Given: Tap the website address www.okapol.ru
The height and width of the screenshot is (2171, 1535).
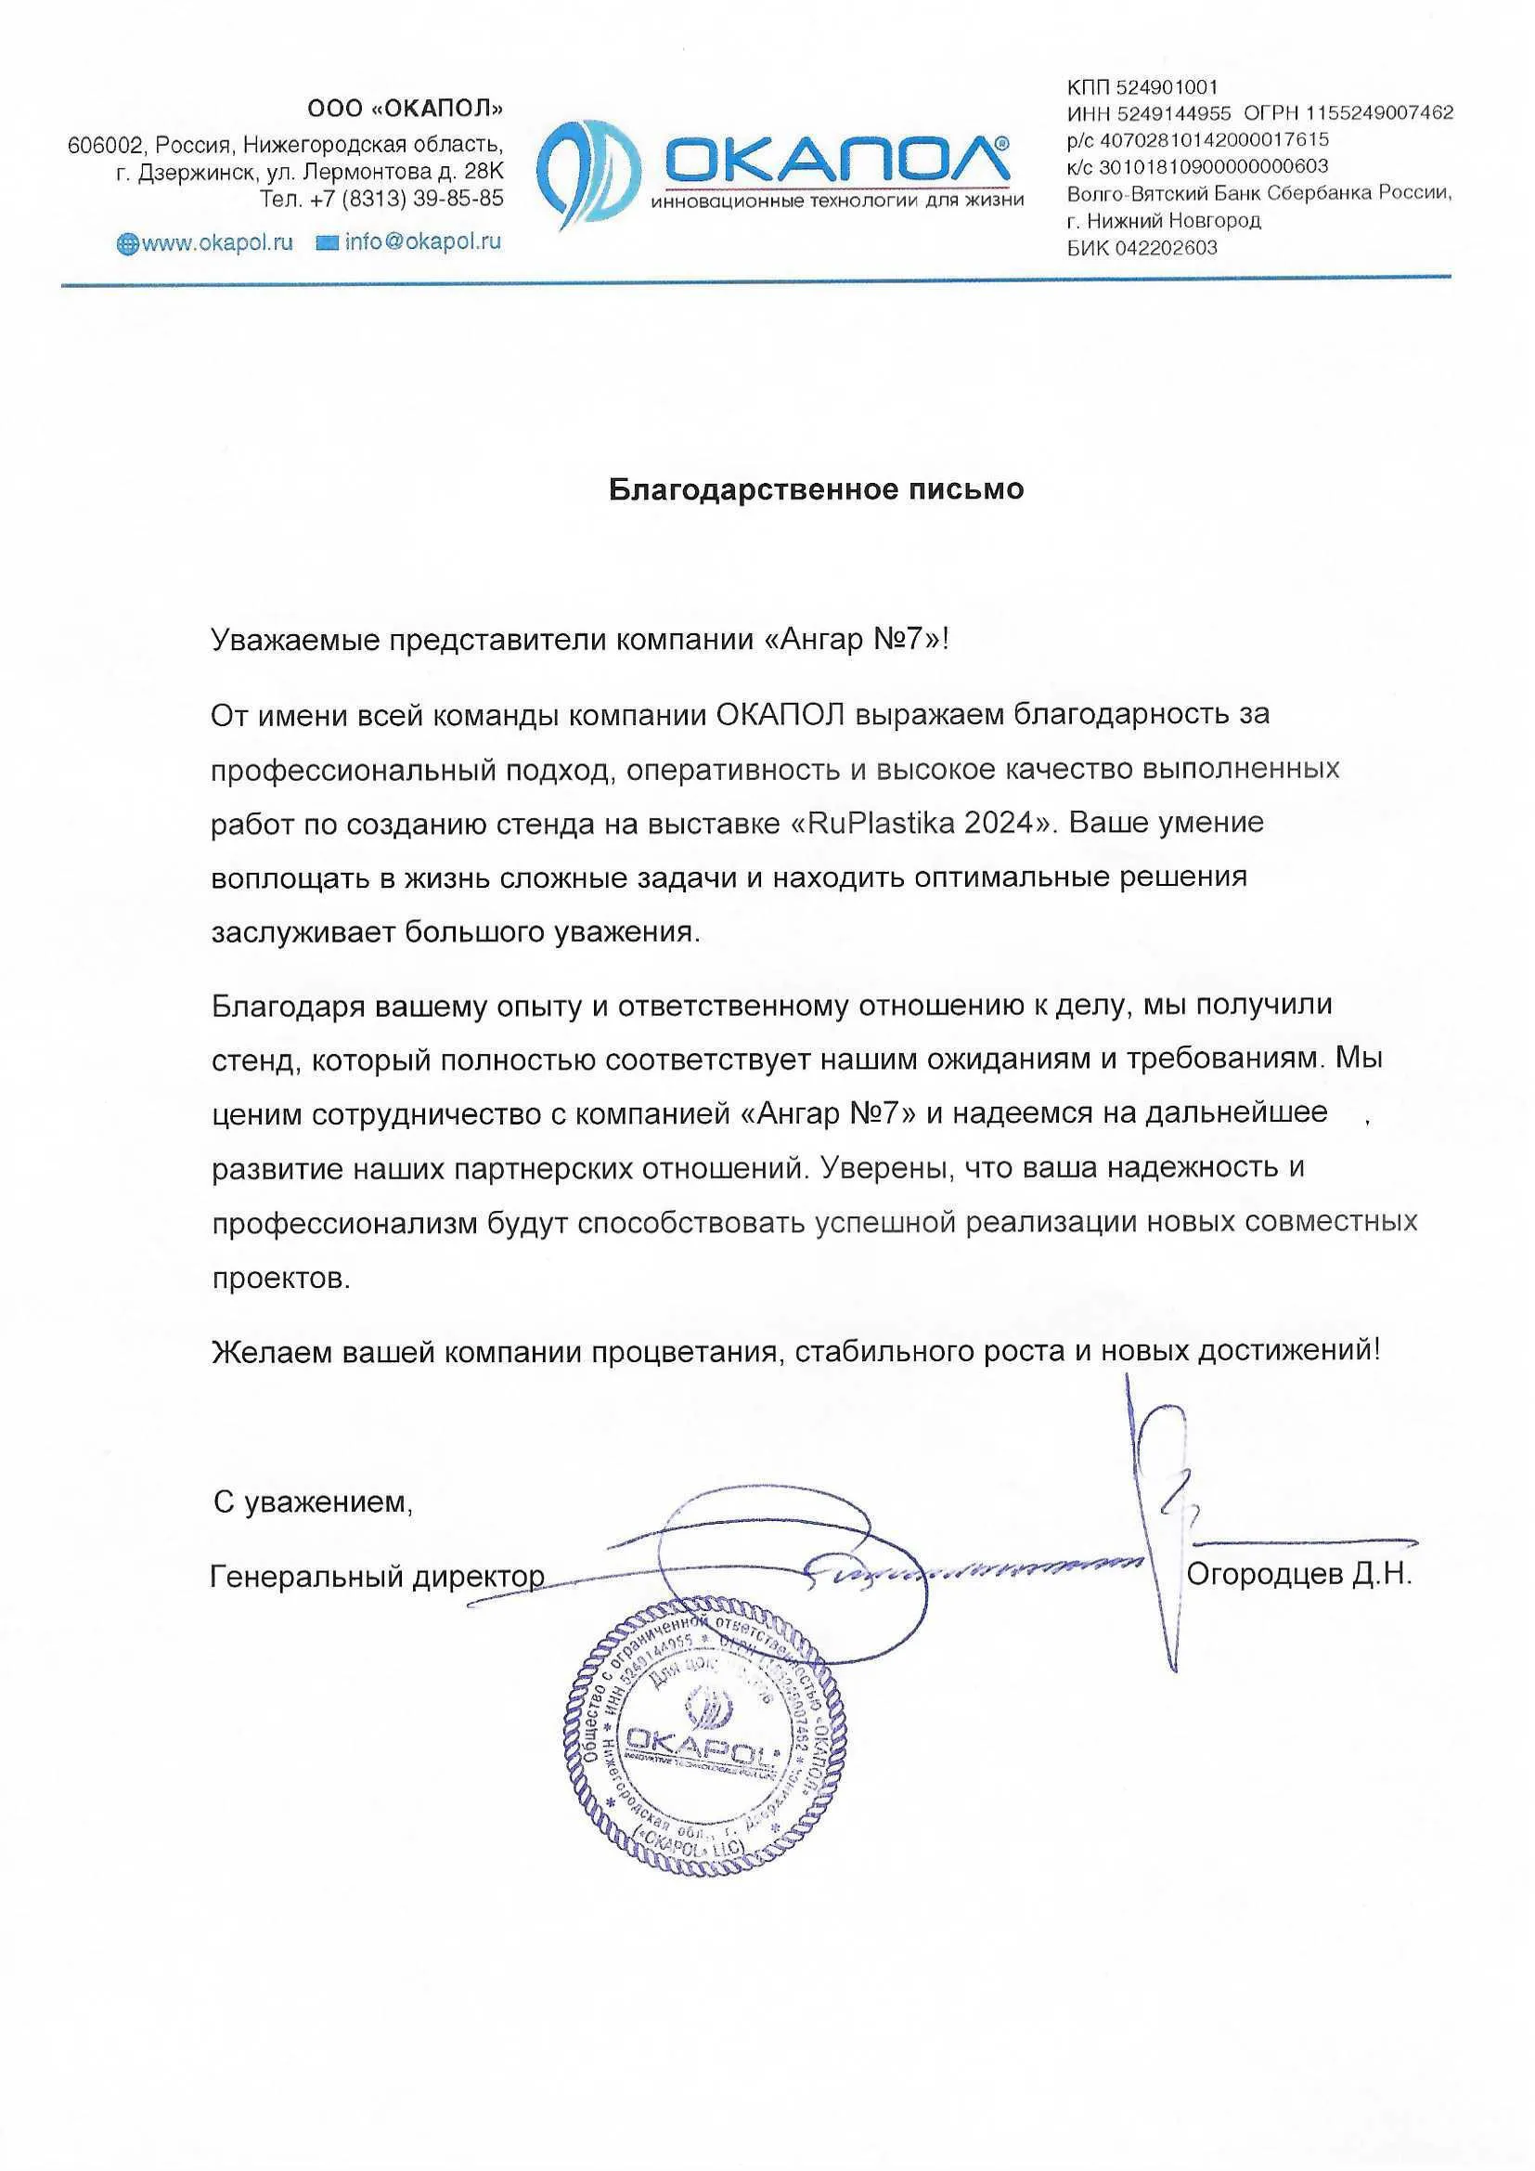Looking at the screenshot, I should click(216, 242).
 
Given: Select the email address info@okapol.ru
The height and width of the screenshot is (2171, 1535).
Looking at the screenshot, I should click(422, 241).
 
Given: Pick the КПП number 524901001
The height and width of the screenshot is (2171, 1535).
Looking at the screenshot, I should click(1167, 88).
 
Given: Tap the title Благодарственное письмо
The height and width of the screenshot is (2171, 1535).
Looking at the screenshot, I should click(816, 488).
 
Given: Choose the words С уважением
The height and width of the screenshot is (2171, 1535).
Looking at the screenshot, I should click(313, 1501).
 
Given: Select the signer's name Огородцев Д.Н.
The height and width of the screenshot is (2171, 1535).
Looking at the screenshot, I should click(1298, 1574).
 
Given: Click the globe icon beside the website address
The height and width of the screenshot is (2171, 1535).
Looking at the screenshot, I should click(126, 244).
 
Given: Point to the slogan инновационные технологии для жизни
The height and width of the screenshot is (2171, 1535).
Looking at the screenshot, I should click(836, 201).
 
